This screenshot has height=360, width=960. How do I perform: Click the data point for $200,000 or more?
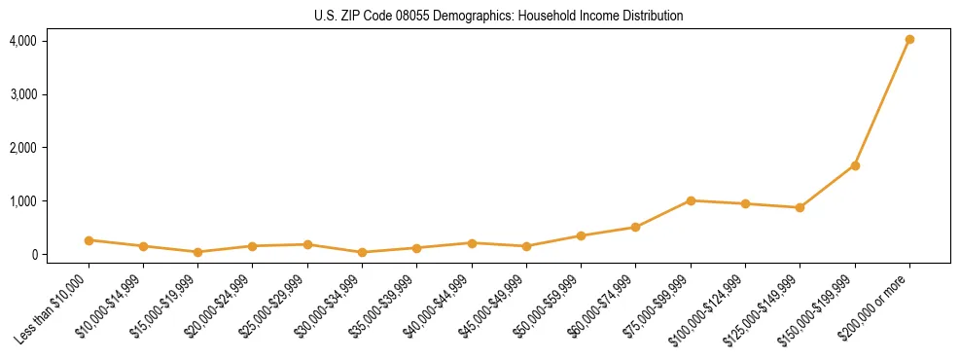pyautogui.click(x=909, y=40)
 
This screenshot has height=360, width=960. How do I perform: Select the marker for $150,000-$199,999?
pyautogui.click(x=855, y=165)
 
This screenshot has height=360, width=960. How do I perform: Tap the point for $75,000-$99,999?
pyautogui.click(x=691, y=200)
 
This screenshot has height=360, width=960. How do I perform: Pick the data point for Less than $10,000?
pyautogui.click(x=89, y=240)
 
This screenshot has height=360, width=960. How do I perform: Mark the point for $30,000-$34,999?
pyautogui.click(x=362, y=252)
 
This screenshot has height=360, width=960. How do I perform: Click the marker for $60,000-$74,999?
pyautogui.click(x=635, y=228)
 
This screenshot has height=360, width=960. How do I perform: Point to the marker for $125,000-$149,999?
pyautogui.click(x=800, y=207)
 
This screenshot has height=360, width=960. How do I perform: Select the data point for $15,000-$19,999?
pyautogui.click(x=197, y=252)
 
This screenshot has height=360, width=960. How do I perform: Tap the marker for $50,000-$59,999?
pyautogui.click(x=581, y=235)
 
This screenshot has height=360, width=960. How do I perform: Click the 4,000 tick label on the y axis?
pyautogui.click(x=22, y=41)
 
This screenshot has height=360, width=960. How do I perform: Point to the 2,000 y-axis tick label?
pyautogui.click(x=22, y=148)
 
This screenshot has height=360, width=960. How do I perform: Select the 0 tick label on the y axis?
pyautogui.click(x=32, y=255)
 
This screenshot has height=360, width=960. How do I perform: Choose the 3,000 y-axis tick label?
pyautogui.click(x=22, y=94)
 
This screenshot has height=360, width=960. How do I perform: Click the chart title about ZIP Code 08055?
pyautogui.click(x=498, y=16)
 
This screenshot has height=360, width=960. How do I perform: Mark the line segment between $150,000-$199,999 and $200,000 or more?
pyautogui.click(x=882, y=102)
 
